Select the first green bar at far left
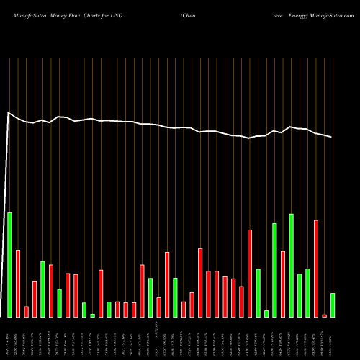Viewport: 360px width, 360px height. [9, 264]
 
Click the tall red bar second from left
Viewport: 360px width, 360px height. [18, 283]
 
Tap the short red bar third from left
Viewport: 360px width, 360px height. [26, 311]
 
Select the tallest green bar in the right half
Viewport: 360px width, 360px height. [291, 265]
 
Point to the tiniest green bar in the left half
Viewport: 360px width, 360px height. [93, 315]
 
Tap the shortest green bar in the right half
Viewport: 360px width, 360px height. [266, 313]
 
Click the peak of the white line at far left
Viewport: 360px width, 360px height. [9, 112]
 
